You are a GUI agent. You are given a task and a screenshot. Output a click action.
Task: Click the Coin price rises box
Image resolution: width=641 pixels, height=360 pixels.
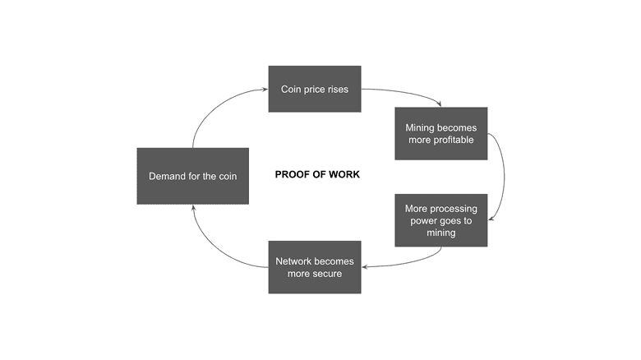[315, 89]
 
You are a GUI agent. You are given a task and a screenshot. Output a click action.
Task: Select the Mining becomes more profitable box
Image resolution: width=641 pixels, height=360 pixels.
[440, 134]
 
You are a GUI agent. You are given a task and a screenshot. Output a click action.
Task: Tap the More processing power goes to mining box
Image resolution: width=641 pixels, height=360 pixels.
[440, 220]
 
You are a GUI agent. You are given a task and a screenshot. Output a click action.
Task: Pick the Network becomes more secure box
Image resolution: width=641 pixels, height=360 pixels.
[315, 267]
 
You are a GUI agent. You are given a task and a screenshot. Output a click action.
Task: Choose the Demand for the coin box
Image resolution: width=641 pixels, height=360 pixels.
[192, 176]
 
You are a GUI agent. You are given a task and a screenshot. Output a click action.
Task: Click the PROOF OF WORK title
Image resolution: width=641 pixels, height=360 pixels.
[316, 175]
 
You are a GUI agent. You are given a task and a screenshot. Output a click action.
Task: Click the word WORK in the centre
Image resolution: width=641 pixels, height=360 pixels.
[344, 175]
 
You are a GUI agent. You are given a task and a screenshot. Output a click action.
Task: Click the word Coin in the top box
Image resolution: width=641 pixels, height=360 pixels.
[292, 89]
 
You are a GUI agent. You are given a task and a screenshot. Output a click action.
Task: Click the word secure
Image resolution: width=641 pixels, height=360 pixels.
[326, 273]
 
